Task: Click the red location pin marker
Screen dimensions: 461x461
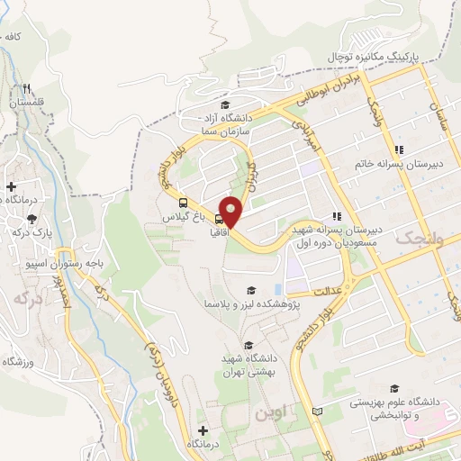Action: click(x=232, y=212)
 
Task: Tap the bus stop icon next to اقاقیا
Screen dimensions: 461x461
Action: click(x=221, y=218)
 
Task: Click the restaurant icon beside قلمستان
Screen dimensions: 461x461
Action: click(x=27, y=87)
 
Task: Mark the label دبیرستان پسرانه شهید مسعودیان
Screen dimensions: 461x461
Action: click(x=337, y=236)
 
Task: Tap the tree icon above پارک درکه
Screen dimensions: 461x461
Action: click(x=32, y=218)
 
